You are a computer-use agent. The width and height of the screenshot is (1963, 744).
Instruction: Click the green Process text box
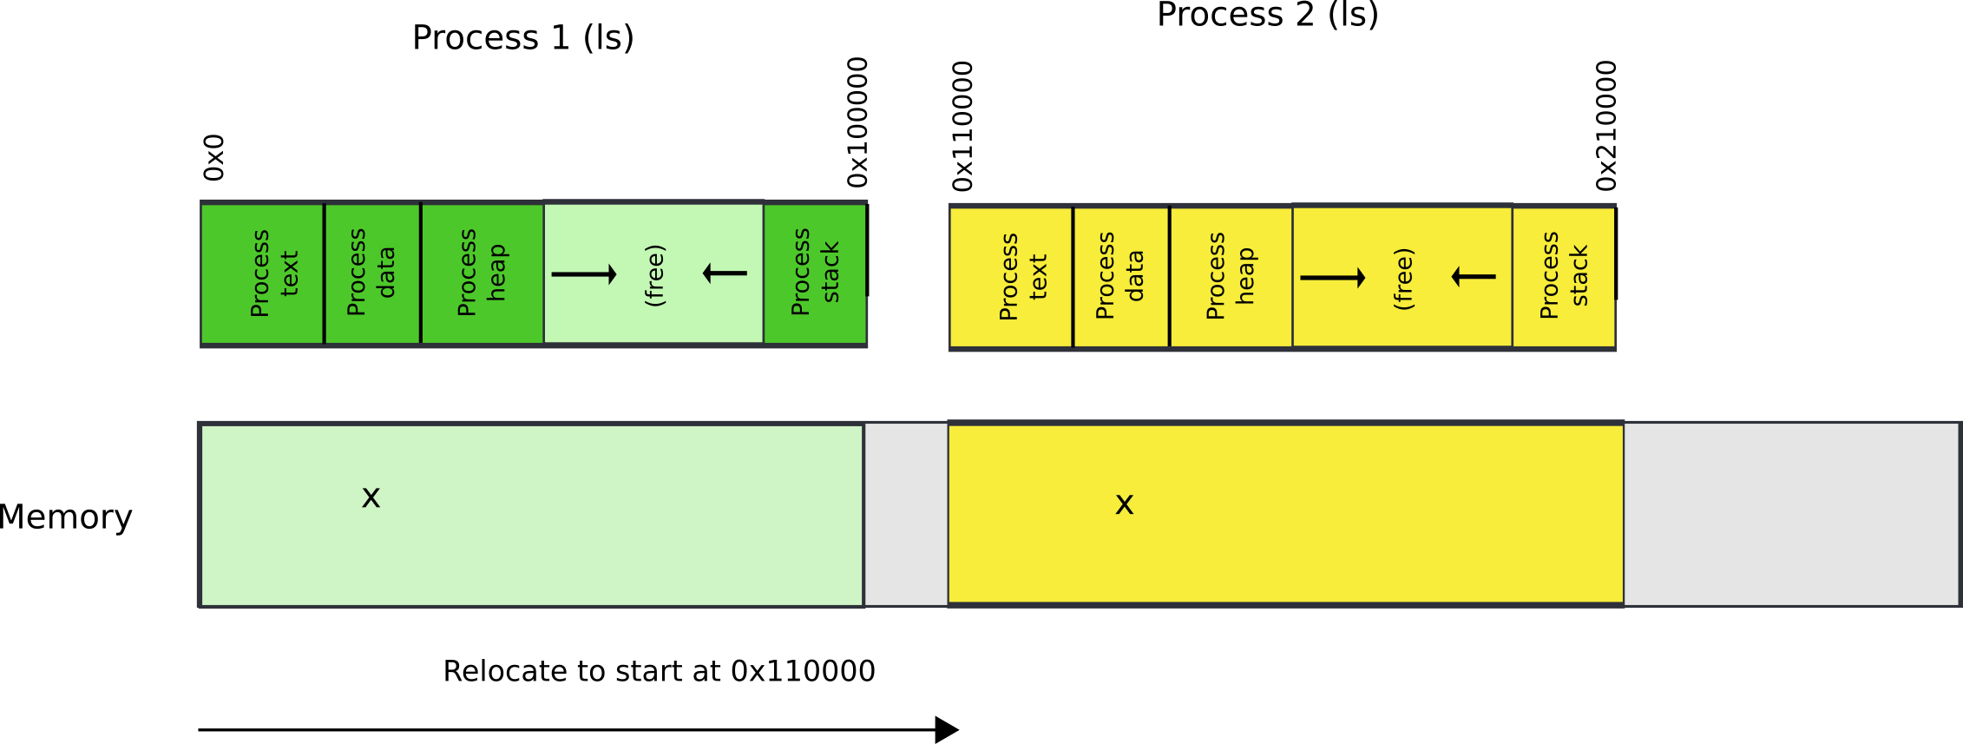(x=262, y=273)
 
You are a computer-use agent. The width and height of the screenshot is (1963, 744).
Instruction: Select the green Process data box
(x=372, y=273)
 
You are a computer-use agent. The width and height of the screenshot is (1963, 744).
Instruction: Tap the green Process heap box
(x=483, y=273)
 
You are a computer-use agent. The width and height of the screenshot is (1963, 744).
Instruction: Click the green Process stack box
(x=815, y=273)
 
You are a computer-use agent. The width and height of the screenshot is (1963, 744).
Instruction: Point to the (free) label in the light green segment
(x=655, y=275)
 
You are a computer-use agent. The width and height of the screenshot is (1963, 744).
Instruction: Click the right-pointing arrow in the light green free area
(x=584, y=274)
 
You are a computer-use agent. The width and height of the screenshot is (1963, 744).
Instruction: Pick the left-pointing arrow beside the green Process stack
(x=725, y=273)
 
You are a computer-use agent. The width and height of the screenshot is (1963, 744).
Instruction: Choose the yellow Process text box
(x=1011, y=277)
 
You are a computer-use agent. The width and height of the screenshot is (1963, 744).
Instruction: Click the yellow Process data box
(x=1121, y=277)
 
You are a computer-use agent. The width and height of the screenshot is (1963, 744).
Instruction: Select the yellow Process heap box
(x=1231, y=277)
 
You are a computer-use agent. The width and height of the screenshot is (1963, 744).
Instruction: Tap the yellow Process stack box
(x=1564, y=277)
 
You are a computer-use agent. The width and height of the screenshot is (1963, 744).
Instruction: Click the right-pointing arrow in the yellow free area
(x=1333, y=278)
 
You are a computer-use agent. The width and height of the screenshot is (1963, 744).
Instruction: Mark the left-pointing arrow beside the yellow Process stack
(x=1474, y=277)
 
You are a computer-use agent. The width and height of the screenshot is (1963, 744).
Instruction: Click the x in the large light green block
(x=371, y=498)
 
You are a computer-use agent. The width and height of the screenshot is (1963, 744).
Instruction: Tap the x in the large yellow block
(x=1124, y=505)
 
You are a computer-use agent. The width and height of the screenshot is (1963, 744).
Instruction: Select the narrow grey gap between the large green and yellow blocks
(x=906, y=514)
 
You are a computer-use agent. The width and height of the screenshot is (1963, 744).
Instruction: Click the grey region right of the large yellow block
(x=1791, y=514)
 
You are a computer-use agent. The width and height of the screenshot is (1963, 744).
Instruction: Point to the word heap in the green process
(x=496, y=273)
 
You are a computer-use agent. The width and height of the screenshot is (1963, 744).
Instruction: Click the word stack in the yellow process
(x=1579, y=276)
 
